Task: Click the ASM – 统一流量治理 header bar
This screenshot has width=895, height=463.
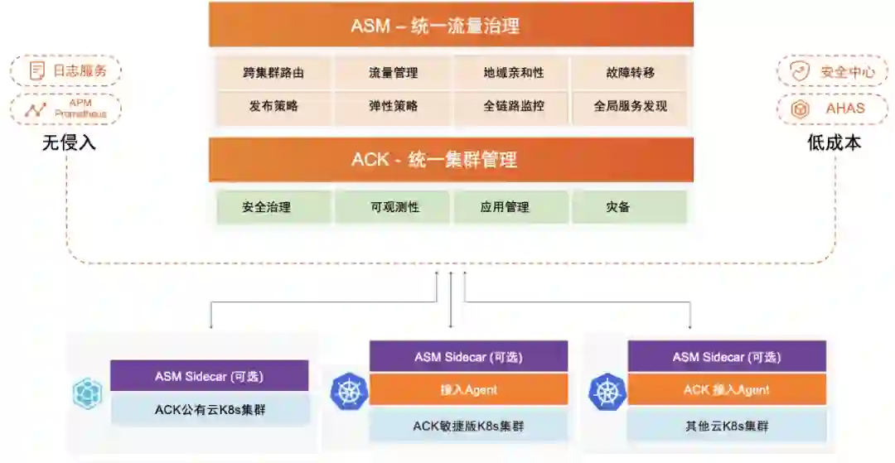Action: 451,26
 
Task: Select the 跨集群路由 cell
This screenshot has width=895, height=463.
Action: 273,73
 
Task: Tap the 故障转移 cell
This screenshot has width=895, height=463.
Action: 630,73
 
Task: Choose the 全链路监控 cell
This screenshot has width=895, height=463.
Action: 511,106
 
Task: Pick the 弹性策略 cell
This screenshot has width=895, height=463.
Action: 393,106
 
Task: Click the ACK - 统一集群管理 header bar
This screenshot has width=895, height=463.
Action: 451,159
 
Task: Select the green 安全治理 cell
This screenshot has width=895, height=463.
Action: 273,207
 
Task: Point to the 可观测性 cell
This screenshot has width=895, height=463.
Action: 393,207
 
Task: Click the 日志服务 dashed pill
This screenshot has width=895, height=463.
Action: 66,70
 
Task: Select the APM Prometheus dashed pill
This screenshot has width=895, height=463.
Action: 66,109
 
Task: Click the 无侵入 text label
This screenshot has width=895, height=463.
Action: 70,142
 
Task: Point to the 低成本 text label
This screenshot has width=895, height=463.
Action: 835,142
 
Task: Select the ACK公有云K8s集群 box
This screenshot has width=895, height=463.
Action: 210,409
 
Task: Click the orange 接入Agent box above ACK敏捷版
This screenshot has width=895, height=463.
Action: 468,389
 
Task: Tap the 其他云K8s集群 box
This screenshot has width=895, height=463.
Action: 727,427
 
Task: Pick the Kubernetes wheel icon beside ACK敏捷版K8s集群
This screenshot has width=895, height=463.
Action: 348,392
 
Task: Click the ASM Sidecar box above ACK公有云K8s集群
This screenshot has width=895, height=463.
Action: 210,376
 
